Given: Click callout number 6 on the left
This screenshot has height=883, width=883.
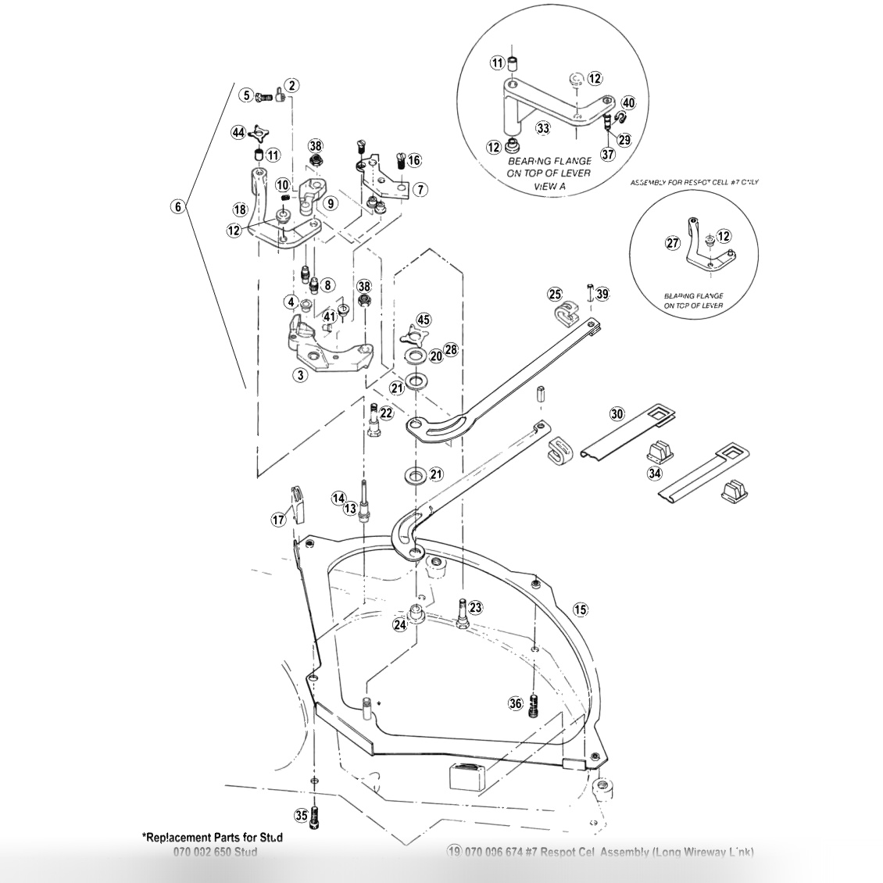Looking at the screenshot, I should [178, 207].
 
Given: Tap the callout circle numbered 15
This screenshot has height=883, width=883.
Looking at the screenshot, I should [579, 609].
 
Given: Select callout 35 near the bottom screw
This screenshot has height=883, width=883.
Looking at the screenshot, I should [301, 816].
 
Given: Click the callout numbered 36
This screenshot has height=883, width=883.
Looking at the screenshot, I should [515, 703].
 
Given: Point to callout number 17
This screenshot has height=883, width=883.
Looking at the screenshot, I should [278, 519].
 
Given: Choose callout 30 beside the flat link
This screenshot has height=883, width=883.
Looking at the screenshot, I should [617, 414].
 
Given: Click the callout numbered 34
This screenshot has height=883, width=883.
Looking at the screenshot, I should [654, 473].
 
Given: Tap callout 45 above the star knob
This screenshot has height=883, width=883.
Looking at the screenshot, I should [423, 320].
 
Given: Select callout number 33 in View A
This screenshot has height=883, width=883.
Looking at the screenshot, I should [543, 127].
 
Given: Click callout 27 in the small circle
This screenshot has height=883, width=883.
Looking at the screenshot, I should [673, 243].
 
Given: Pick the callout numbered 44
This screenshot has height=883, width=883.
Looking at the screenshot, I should [238, 134].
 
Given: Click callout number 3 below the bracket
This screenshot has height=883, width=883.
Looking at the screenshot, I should [299, 375].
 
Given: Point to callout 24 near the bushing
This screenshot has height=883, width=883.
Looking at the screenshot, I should [400, 625].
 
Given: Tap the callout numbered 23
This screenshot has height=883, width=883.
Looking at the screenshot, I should [475, 607].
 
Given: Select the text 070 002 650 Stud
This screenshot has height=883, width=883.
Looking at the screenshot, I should [215, 851].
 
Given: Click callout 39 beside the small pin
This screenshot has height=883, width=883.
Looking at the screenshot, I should [601, 294].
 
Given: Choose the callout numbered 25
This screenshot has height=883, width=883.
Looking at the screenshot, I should [555, 295].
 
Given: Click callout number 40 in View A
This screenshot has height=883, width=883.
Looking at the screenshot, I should [628, 102].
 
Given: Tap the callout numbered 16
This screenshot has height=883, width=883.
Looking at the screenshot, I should [414, 160].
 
